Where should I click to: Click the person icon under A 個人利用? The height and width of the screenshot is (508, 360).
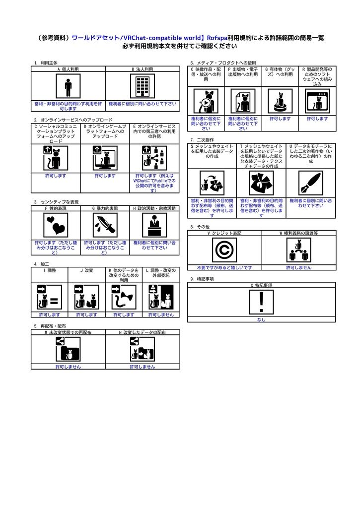[x=68, y=86]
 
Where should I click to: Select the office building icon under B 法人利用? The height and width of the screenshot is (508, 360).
[x=143, y=86]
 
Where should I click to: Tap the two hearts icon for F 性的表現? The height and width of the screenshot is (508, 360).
[x=56, y=225]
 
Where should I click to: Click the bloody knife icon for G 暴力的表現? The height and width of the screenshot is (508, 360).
[x=105, y=225]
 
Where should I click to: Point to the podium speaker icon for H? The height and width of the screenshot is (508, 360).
[x=154, y=225]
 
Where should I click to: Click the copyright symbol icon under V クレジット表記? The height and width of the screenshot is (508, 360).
[x=224, y=250]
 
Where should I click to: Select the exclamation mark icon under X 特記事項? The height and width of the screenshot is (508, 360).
[x=261, y=302]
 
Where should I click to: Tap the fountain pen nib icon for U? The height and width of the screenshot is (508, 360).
[x=311, y=183]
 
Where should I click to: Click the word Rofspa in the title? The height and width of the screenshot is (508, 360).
[x=217, y=38]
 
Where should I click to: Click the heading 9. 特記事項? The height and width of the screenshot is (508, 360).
[x=202, y=279]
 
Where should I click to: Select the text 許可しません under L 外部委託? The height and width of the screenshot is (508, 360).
[x=161, y=315]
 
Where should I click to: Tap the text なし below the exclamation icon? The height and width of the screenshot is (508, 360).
[x=261, y=319]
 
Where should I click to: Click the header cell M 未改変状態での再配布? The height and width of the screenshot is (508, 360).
[x=68, y=332]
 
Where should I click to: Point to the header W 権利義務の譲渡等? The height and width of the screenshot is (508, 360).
[x=299, y=233]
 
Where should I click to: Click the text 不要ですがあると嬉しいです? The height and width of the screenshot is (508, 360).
[x=224, y=267]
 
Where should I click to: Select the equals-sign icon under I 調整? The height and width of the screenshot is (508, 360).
[x=50, y=297]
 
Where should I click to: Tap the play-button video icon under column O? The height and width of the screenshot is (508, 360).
[x=206, y=101]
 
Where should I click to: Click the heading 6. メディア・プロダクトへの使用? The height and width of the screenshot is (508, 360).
[x=223, y=63]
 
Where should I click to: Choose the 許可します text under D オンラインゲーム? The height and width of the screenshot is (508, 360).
[x=105, y=176]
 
